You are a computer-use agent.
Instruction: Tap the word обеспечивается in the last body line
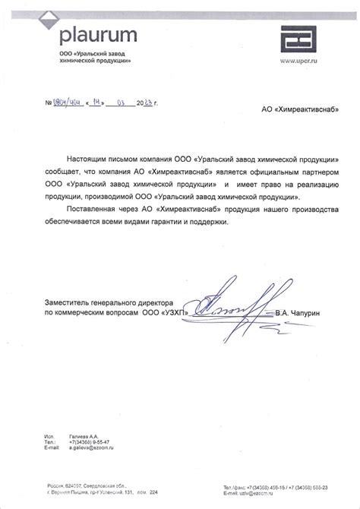(78, 220)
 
